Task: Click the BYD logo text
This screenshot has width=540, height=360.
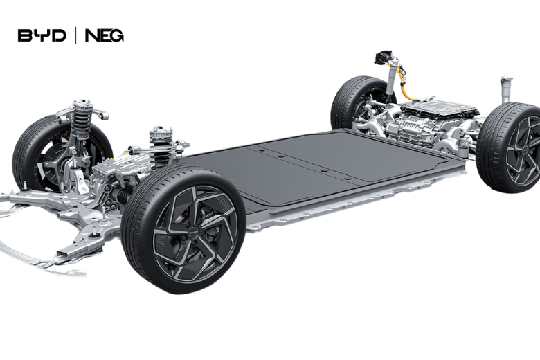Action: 42,36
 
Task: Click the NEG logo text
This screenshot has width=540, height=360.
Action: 105,36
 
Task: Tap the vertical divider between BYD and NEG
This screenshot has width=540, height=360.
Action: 75,36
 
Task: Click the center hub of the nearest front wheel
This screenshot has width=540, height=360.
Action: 193,233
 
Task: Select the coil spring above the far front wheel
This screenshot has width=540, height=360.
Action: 80,119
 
